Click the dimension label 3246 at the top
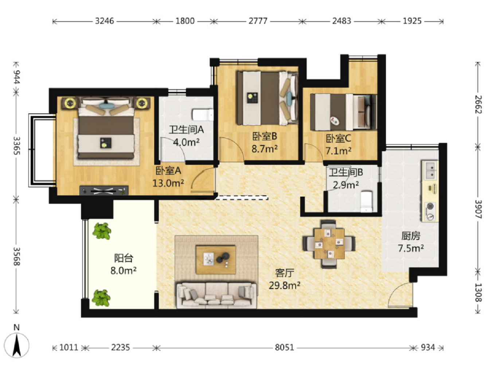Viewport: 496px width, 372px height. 104,21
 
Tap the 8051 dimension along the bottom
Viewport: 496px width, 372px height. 284,347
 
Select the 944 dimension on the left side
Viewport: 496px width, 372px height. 16,77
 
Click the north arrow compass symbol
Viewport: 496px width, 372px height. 16,345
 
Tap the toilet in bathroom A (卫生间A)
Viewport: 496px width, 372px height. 202,115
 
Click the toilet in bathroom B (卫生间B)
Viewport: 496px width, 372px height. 366,201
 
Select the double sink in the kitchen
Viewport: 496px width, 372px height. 430,170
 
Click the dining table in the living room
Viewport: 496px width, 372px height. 329,244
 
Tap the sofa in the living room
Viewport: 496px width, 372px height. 216,295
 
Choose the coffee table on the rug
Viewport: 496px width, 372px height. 216,260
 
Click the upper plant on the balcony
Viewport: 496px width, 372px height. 101,231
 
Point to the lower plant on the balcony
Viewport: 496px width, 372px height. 101,298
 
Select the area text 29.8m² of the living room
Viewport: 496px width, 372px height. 285,286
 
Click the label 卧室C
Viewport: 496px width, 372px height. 338,138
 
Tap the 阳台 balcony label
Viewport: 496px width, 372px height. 124,258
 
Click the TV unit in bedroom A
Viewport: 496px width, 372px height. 104,190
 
